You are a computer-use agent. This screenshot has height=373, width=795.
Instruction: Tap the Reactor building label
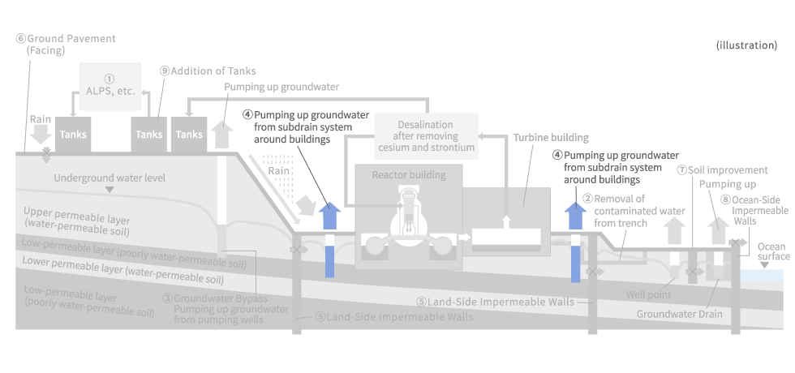pos(408,174)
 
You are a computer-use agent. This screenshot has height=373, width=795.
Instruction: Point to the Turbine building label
pos(551,138)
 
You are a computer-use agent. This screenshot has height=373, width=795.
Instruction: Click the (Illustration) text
pos(746,45)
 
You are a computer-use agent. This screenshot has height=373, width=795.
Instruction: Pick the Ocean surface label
pos(772,251)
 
